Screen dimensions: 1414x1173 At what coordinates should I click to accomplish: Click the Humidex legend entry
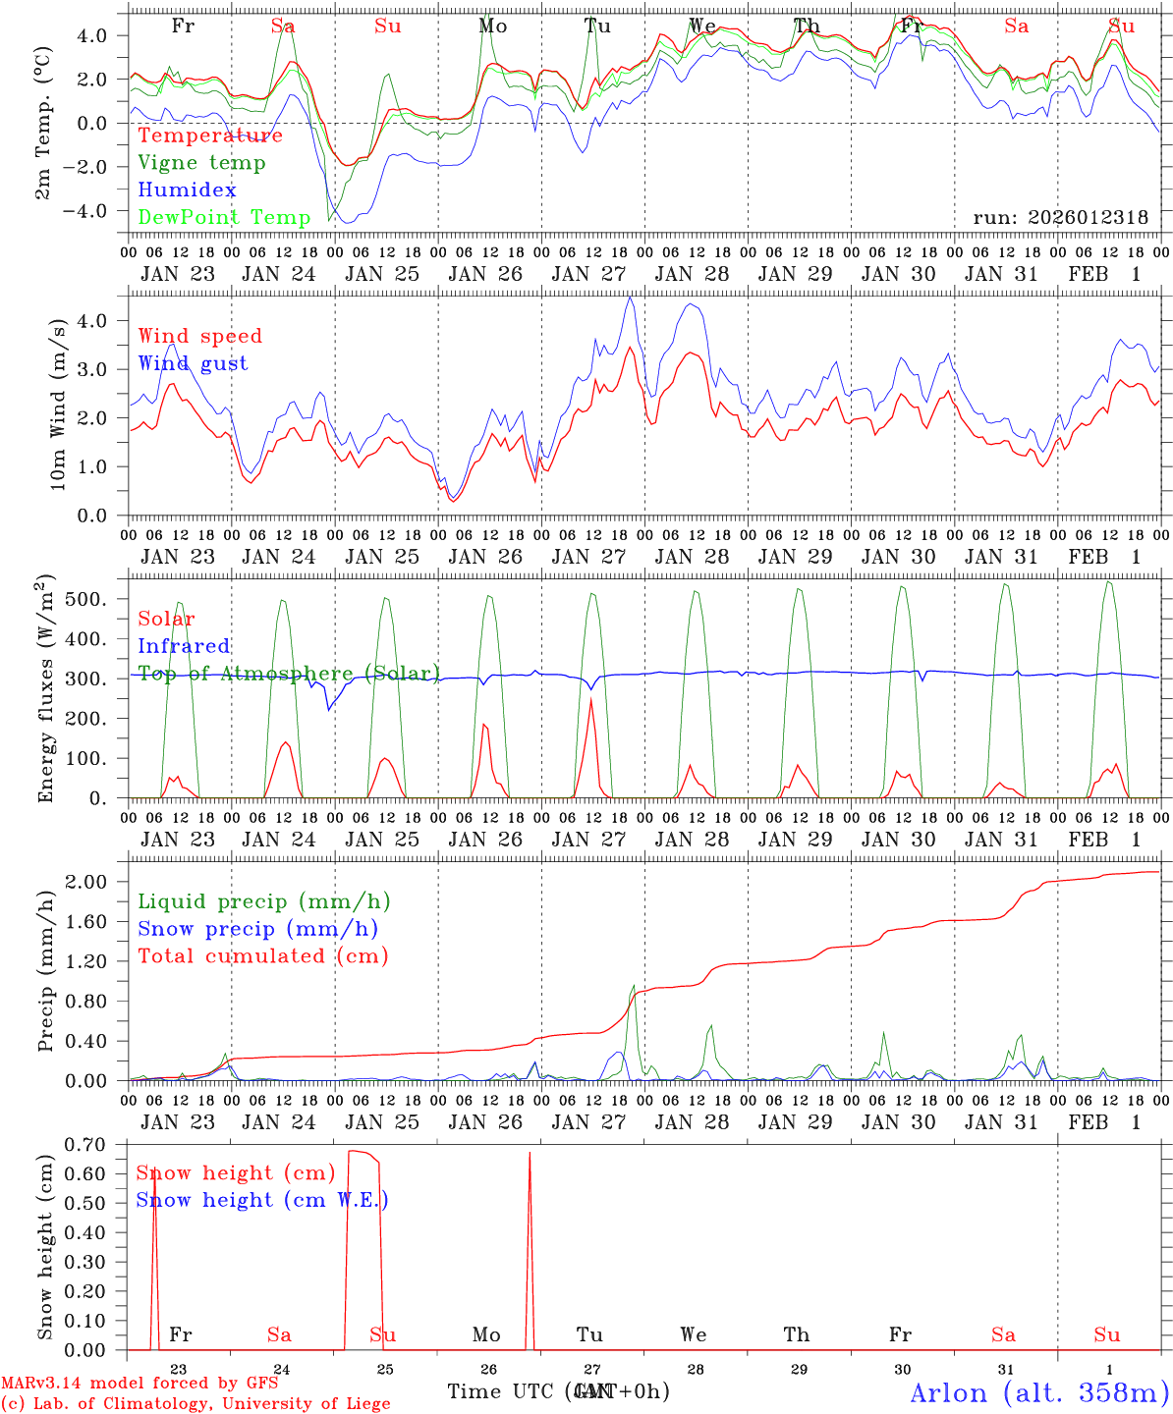coord(187,190)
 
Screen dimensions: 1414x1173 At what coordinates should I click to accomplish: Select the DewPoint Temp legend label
coord(224,218)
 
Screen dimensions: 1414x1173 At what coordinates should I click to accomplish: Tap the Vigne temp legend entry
coord(201,163)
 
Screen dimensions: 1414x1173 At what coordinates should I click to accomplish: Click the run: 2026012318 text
coord(1060,218)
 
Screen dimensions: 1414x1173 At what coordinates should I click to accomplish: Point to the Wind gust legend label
coord(193,363)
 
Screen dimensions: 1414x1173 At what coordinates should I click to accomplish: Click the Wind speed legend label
coord(199,336)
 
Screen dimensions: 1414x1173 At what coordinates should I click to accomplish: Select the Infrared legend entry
coord(184,646)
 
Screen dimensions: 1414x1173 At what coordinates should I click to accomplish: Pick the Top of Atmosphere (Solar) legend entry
coord(288,674)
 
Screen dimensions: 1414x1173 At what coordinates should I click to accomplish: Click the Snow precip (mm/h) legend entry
coord(257,929)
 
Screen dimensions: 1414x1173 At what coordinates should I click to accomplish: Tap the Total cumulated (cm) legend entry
coord(262,956)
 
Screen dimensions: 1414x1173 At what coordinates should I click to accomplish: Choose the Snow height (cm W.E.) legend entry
coord(261,1200)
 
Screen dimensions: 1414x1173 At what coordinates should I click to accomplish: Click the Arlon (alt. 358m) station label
coord(1039,1392)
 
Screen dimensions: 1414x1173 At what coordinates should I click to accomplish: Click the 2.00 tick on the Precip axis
coord(98,882)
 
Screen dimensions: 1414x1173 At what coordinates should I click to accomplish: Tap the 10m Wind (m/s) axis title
coord(58,404)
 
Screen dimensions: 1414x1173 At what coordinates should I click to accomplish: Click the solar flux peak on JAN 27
coord(590,699)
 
